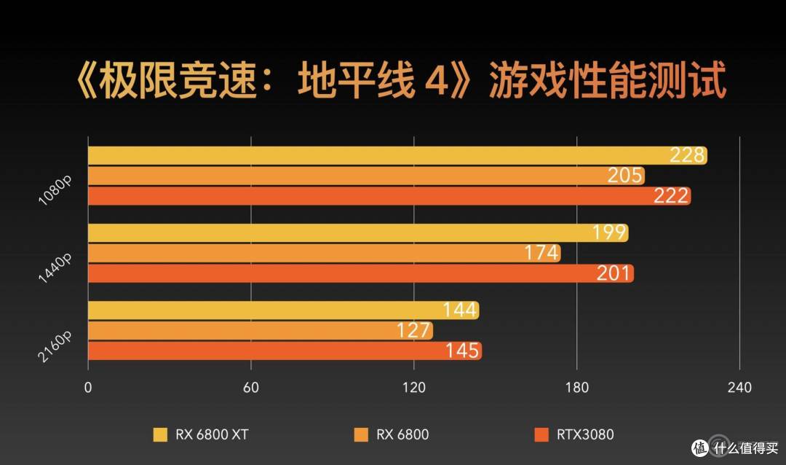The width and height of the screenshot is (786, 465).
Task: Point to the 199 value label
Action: tap(609, 233)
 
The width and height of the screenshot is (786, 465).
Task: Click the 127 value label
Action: tap(414, 331)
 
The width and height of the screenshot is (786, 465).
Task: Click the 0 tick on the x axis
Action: tap(88, 388)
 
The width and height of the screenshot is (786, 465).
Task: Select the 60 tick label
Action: tap(251, 388)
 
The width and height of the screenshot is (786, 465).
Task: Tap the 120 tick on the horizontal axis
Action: tap(413, 388)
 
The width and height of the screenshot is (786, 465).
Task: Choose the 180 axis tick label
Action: tap(576, 388)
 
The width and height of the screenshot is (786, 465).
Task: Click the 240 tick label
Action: tap(739, 388)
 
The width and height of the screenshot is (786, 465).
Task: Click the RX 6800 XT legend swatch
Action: tap(160, 435)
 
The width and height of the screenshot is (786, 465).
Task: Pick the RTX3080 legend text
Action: tap(585, 435)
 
